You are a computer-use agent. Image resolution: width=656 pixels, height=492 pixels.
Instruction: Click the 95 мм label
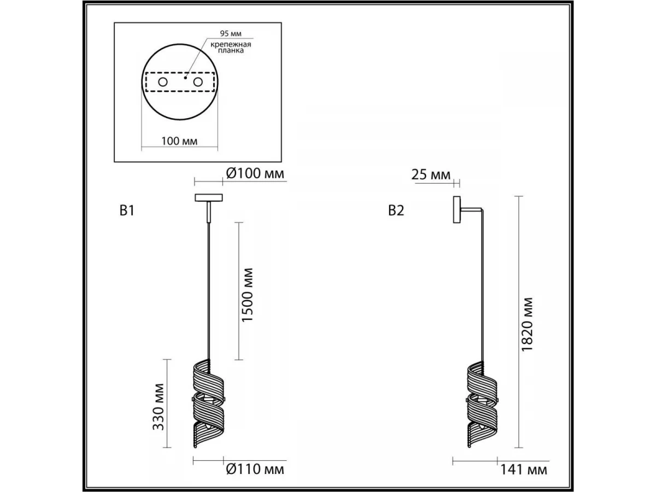pyautogui.click(x=231, y=33)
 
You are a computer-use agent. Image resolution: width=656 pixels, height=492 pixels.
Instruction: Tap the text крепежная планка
pyautogui.click(x=231, y=48)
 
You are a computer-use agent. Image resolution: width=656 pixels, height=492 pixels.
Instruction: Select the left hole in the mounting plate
pyautogui.click(x=162, y=82)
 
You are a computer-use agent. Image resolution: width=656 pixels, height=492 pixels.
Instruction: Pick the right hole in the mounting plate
pyautogui.click(x=198, y=82)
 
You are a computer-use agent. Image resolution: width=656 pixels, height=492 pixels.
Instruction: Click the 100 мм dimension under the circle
pyautogui.click(x=179, y=141)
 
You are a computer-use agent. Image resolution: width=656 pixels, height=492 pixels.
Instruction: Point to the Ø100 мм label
pyautogui.click(x=255, y=173)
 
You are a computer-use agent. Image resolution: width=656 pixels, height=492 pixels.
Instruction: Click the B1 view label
pyautogui.click(x=127, y=210)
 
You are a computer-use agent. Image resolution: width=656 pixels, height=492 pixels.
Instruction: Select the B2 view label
pyautogui.click(x=396, y=210)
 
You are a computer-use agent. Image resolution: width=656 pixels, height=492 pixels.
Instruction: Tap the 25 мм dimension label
pyautogui.click(x=431, y=175)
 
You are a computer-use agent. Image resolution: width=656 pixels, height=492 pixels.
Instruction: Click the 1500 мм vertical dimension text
pyautogui.click(x=247, y=295)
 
